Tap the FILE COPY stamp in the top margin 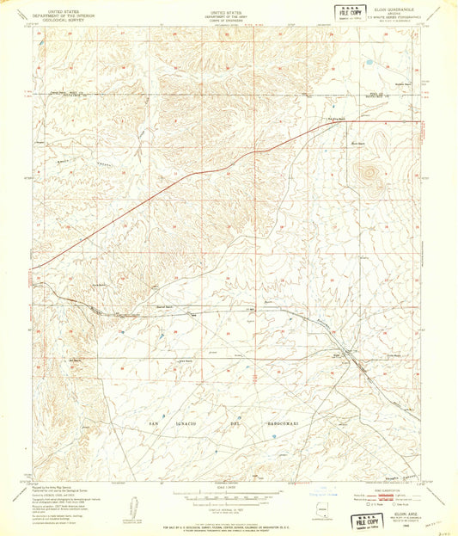point(350,13)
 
